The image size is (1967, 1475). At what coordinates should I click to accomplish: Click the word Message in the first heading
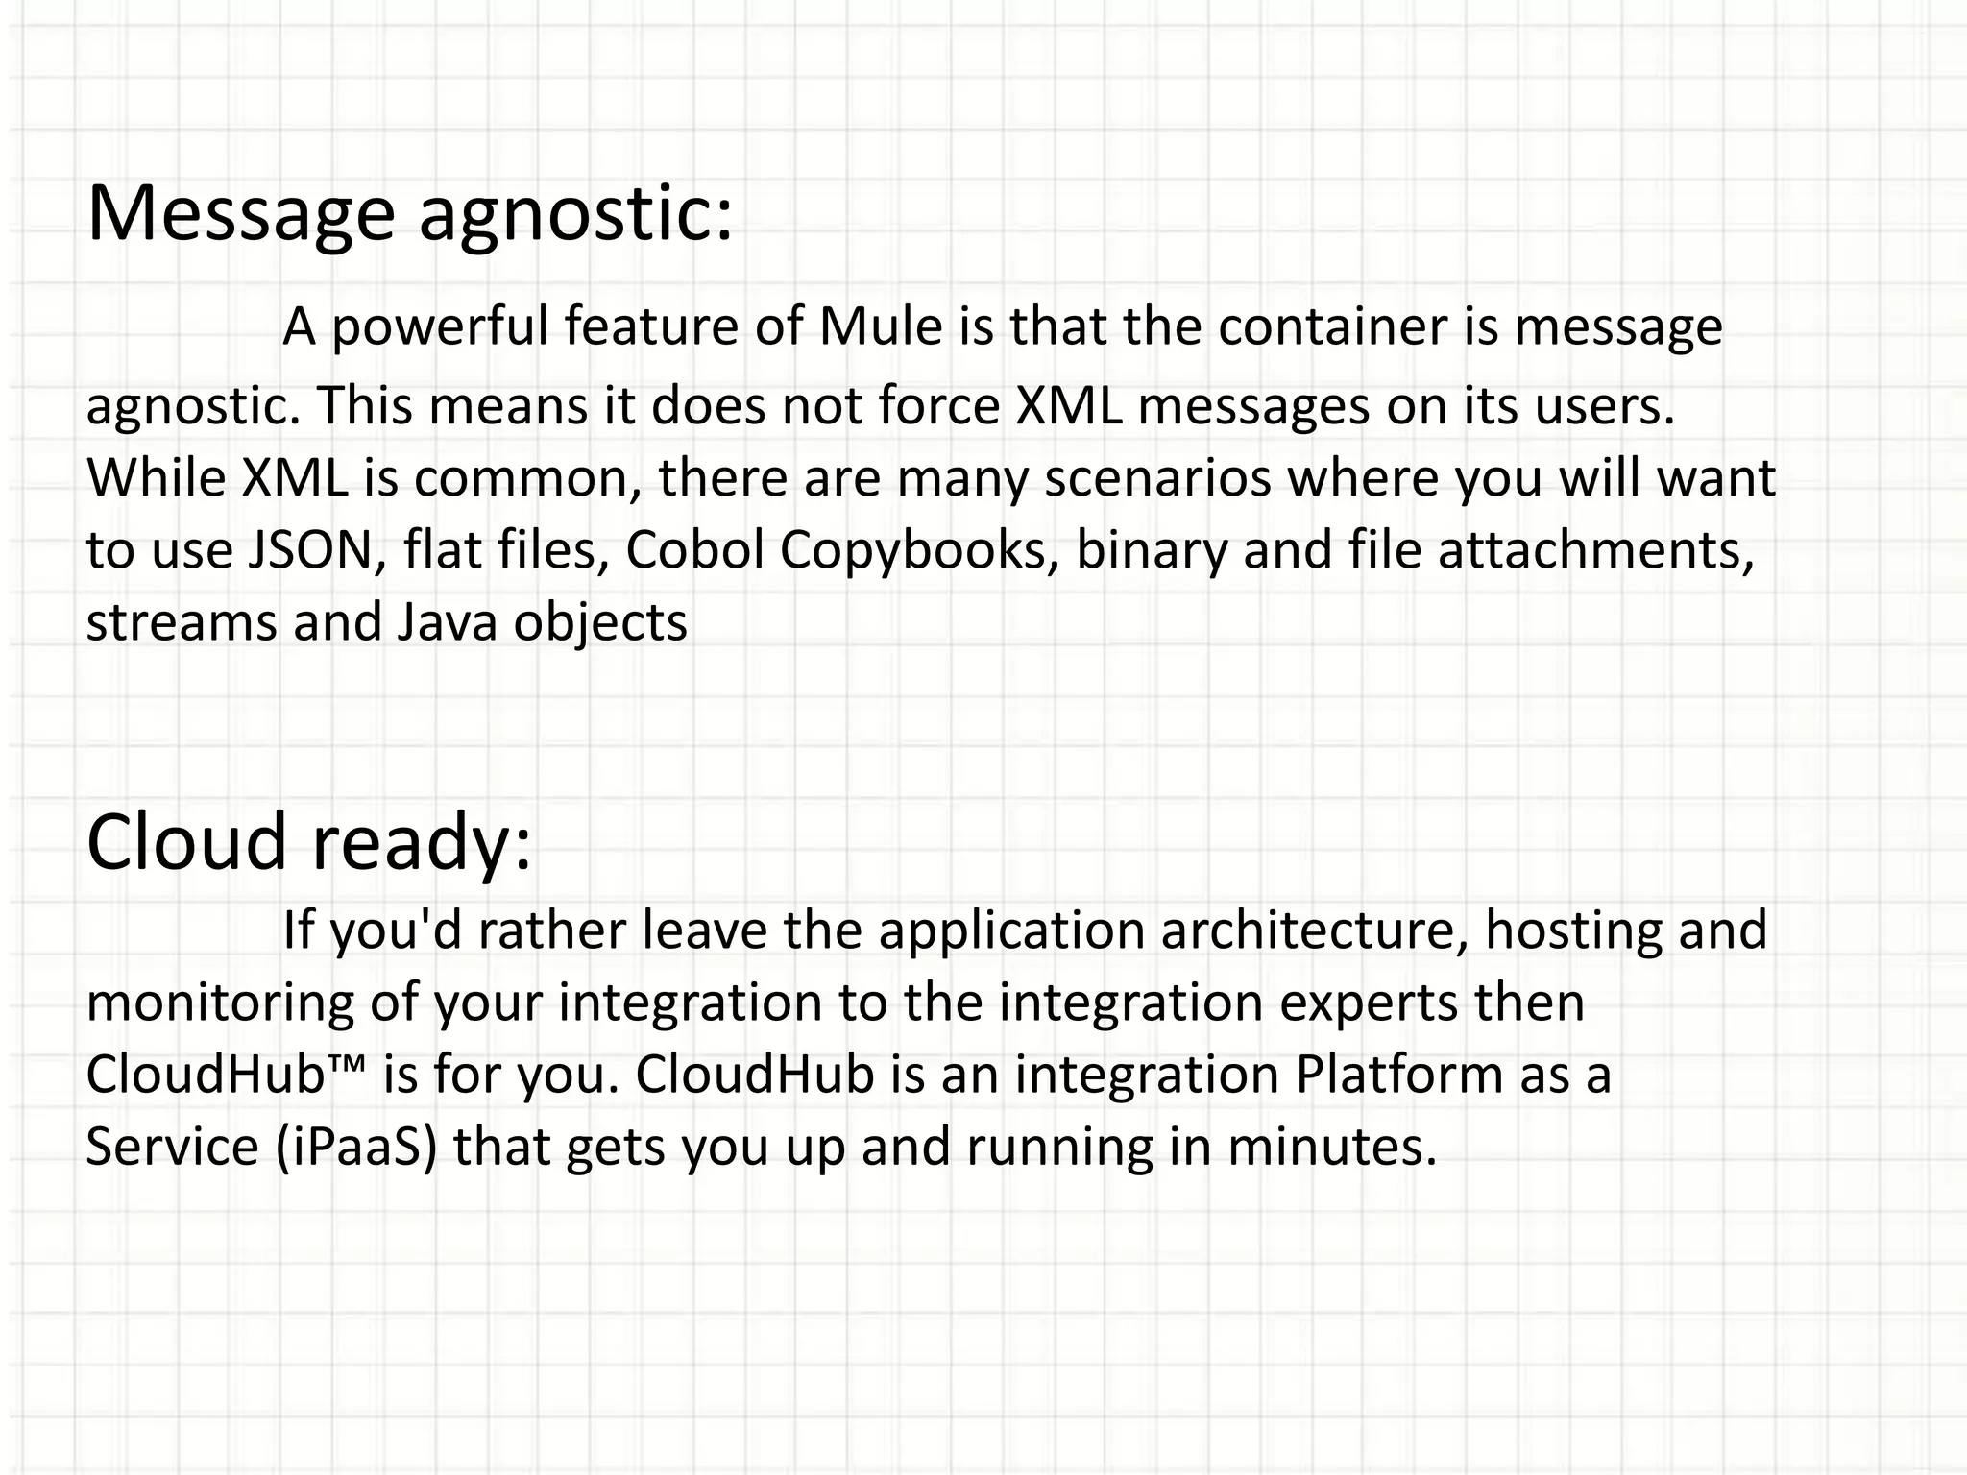pyautogui.click(x=240, y=213)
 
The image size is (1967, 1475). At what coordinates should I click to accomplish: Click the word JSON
pyautogui.click(x=310, y=550)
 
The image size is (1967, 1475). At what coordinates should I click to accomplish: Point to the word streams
pyautogui.click(x=182, y=622)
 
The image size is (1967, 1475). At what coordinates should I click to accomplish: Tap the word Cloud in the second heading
pyautogui.click(x=186, y=841)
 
